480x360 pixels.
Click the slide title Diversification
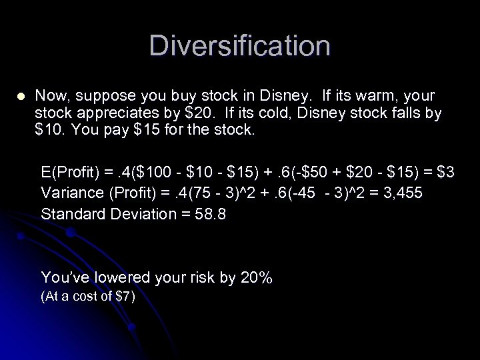[x=240, y=46]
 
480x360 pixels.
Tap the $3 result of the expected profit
[x=446, y=173]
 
